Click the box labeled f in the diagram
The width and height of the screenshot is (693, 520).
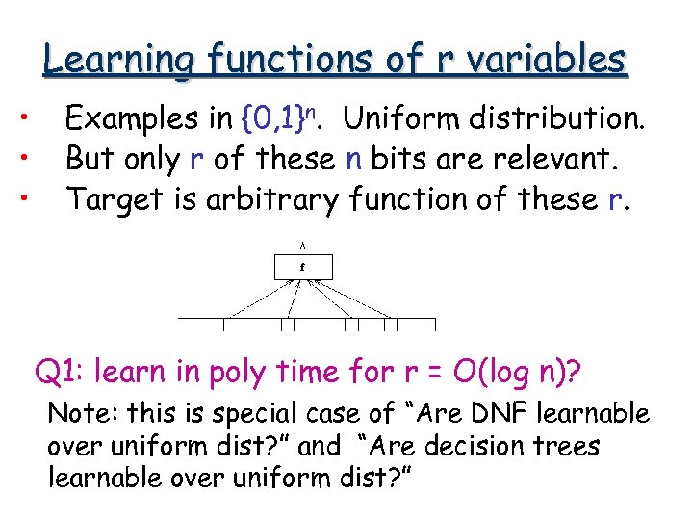pos(302,266)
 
